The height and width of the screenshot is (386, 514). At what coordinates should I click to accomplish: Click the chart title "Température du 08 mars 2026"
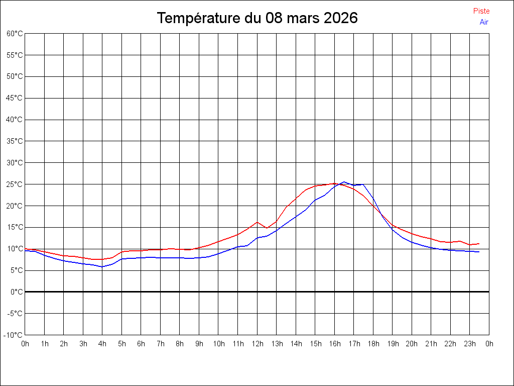tap(257, 18)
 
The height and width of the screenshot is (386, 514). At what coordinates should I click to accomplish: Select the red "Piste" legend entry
tap(481, 11)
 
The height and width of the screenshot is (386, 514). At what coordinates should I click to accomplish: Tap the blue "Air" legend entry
tap(484, 22)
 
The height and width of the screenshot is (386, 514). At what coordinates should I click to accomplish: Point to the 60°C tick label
tap(15, 34)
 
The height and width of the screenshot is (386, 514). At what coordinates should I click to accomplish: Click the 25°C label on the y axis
tap(15, 184)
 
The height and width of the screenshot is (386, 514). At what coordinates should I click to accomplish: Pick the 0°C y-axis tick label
tap(17, 292)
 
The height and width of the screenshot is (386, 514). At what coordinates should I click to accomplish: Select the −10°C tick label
tap(14, 335)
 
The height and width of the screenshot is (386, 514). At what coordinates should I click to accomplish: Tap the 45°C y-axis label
tap(15, 98)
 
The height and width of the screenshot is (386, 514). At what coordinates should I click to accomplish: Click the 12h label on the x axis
tap(258, 344)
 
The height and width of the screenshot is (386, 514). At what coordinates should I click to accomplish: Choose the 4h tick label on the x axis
tap(102, 344)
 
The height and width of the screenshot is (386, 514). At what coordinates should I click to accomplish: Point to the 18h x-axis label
tap(373, 344)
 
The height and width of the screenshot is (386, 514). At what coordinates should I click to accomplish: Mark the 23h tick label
tap(470, 344)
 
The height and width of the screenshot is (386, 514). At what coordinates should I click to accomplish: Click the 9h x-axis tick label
tap(199, 344)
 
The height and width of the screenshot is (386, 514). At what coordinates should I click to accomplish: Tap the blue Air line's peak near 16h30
tap(344, 182)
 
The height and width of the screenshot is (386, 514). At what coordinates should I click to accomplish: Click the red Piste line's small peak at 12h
tap(257, 222)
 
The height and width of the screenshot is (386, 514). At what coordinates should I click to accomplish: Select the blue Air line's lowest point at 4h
tap(102, 267)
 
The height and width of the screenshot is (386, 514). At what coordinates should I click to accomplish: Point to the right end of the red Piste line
tap(479, 244)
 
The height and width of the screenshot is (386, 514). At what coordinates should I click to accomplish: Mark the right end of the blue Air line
tap(479, 252)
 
